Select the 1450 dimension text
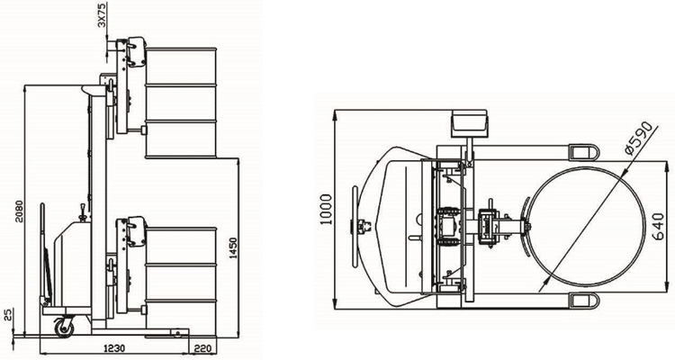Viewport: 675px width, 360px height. [233, 248]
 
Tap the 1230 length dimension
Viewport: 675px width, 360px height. [114, 348]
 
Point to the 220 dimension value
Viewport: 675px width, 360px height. [202, 348]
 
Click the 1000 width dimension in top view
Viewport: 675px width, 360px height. [327, 210]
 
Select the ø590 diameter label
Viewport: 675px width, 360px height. [640, 138]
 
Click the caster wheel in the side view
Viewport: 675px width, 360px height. [64, 328]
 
